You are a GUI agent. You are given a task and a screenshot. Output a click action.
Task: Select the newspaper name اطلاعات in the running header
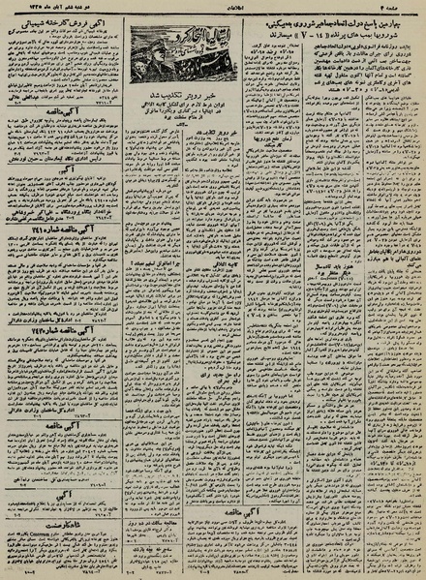click(214, 7)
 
